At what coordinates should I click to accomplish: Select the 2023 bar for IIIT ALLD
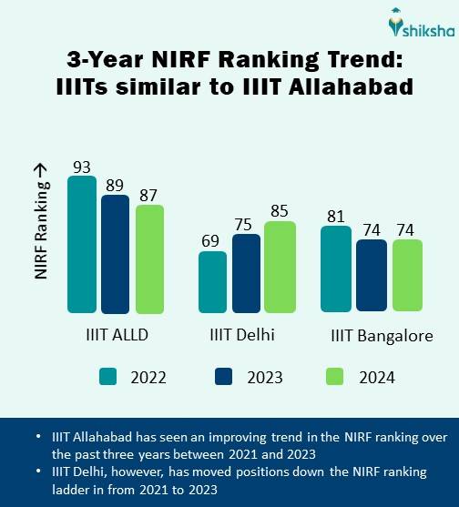(115, 253)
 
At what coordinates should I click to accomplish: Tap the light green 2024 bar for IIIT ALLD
(149, 259)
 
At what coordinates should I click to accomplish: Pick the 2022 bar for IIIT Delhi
(212, 281)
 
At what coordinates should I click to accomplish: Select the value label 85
(280, 210)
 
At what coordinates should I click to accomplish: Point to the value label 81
(336, 216)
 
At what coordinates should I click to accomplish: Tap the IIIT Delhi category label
(242, 335)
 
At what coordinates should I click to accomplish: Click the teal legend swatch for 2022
(109, 376)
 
